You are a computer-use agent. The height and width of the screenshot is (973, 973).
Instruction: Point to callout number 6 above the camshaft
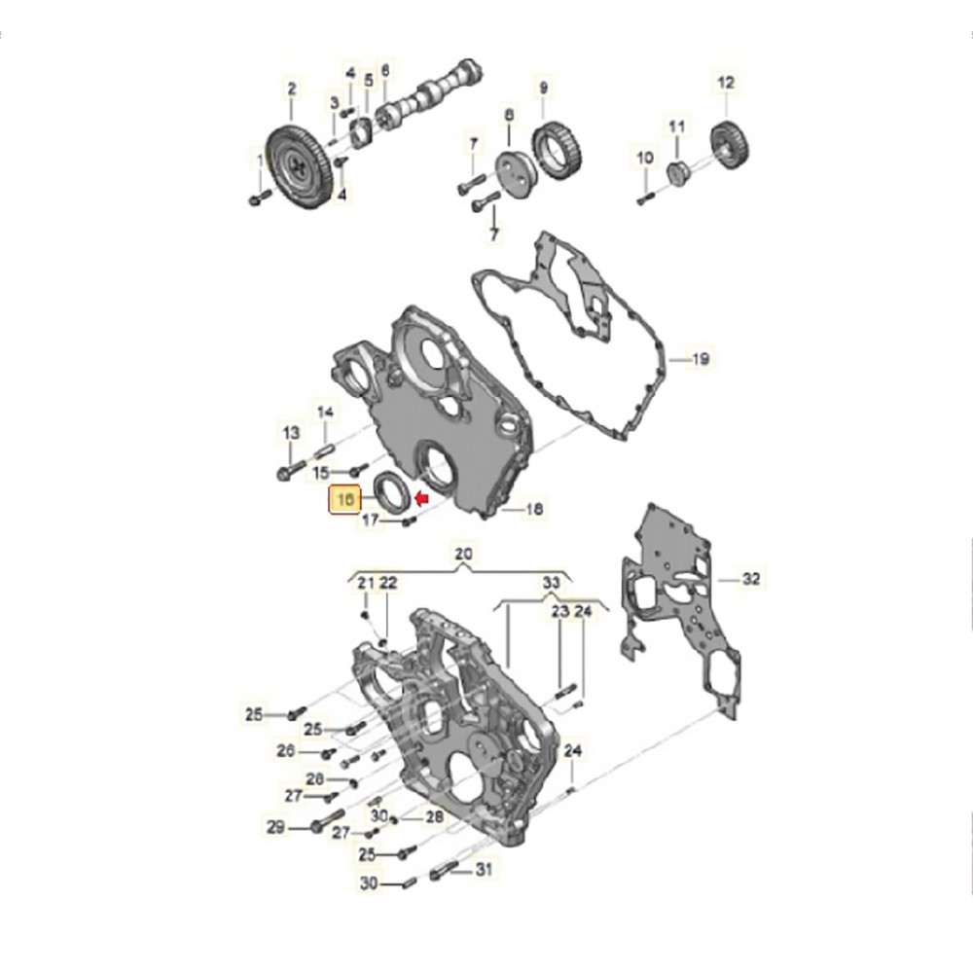[x=385, y=70]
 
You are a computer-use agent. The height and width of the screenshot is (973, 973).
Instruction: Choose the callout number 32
[x=750, y=579]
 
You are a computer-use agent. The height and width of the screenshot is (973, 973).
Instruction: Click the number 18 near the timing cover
[x=533, y=509]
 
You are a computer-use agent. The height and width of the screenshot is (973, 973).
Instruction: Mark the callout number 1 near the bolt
[x=259, y=160]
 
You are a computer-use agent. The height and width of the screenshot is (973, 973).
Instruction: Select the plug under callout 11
[x=679, y=173]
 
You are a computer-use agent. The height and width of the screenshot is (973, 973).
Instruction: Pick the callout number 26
[x=285, y=751]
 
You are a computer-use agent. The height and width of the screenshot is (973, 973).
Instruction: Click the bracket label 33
[x=552, y=582]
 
